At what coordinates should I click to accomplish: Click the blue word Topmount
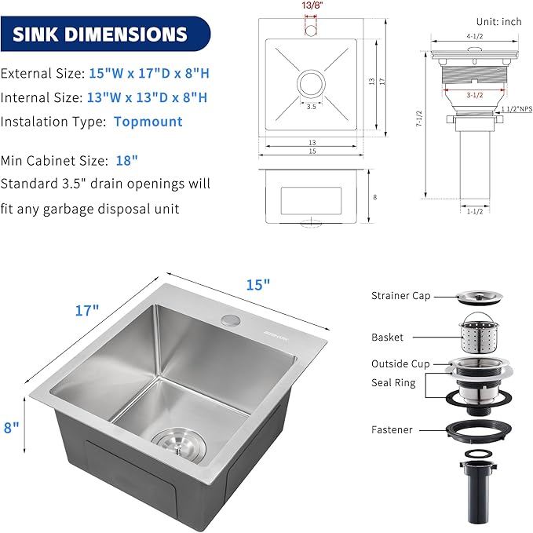tap(148, 122)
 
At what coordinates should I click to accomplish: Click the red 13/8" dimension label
tap(312, 5)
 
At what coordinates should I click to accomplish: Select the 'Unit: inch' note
tap(498, 21)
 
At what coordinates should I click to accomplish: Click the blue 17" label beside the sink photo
tap(87, 309)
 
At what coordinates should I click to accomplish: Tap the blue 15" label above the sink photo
tap(256, 285)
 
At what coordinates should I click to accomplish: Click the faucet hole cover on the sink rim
tap(229, 319)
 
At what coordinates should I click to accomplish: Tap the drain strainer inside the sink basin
tap(177, 444)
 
